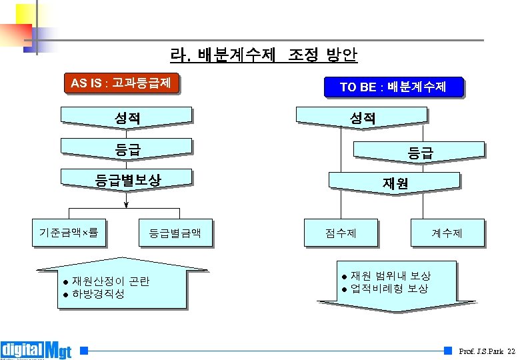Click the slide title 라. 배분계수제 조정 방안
tap(263, 55)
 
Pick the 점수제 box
tap(341, 233)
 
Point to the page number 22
tap(511, 351)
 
